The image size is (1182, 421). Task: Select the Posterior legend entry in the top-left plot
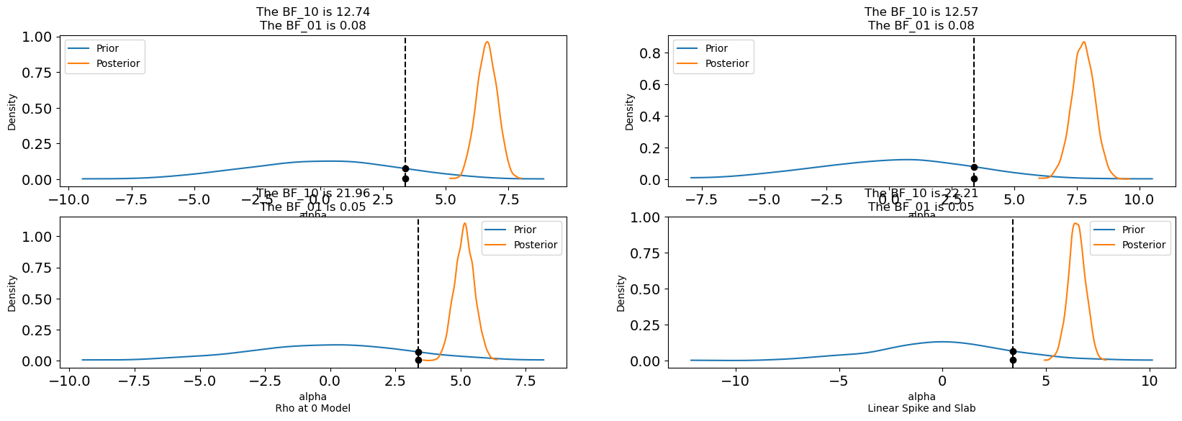coord(118,63)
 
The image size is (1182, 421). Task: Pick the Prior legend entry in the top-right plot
coord(716,48)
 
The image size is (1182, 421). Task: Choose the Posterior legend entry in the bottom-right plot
coord(1143,245)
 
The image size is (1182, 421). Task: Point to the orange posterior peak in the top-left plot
coord(487,42)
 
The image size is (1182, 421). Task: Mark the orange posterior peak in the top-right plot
coord(1083,42)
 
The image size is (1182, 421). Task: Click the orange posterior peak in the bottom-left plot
coord(464,223)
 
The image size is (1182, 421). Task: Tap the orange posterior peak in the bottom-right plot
coord(1075,223)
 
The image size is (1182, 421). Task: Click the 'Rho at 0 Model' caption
coord(313,408)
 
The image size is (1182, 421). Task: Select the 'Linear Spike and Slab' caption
coord(921,408)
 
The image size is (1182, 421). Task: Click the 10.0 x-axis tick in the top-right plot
coord(1139,199)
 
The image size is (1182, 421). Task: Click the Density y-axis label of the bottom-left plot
coord(12,293)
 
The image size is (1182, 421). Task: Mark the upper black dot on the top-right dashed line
coord(974,167)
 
